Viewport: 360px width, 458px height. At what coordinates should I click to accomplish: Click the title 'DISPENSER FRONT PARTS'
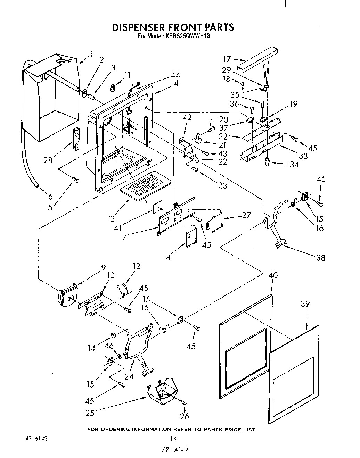click(172, 27)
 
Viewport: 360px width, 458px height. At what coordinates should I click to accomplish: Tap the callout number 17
click(227, 59)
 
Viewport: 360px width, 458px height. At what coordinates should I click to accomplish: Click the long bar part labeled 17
click(257, 59)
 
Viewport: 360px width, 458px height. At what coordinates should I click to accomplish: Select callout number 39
click(305, 303)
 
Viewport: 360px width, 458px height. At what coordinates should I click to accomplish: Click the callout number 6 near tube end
click(51, 197)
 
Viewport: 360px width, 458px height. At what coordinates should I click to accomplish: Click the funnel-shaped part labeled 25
click(161, 392)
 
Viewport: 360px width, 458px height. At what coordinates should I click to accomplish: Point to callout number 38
click(321, 258)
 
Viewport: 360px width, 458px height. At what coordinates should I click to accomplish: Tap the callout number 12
click(136, 266)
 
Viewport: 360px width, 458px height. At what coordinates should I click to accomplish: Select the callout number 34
click(294, 164)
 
